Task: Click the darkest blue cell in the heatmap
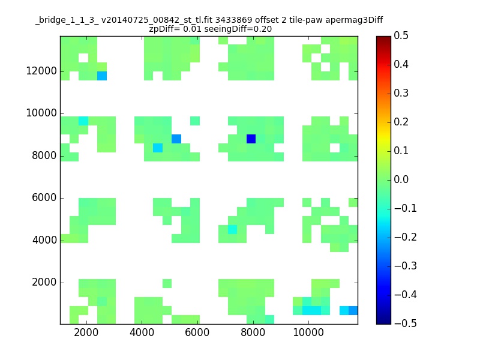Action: point(251,139)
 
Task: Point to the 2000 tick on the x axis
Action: point(86,332)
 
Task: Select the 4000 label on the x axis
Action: point(142,332)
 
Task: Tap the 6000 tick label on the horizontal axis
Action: point(197,332)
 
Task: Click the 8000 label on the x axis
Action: point(253,332)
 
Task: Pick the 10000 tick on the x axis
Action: point(308,332)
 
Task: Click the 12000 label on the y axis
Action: point(41,71)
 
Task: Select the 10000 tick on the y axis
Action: point(41,113)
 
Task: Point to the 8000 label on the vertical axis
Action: point(44,155)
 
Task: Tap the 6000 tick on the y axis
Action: point(44,198)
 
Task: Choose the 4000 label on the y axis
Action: point(44,240)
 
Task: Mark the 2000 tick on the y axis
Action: point(44,282)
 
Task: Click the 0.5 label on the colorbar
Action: point(401,36)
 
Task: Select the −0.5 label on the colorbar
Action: point(406,323)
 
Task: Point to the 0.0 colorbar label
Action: point(401,179)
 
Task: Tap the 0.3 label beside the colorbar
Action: point(401,94)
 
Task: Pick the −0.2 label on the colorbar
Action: point(406,237)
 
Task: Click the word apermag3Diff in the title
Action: point(354,20)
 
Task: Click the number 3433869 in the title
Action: point(234,20)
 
